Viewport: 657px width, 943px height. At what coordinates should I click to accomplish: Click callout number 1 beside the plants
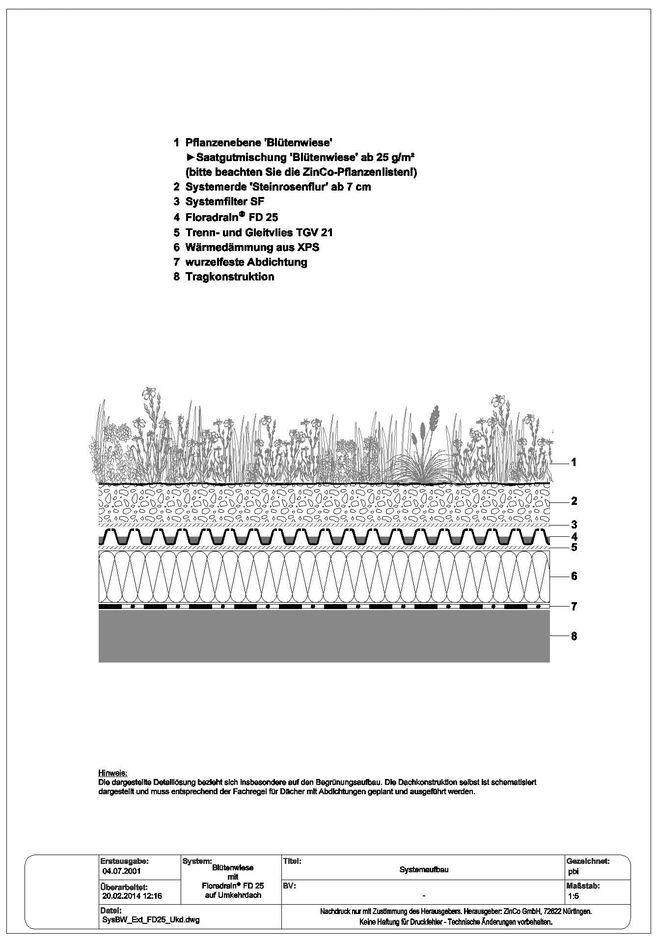pos(574,462)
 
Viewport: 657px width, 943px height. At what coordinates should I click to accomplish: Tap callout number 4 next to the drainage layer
pos(574,536)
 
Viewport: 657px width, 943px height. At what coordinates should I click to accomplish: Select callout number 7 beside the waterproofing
pos(574,607)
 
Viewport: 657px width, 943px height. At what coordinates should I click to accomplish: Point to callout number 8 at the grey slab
pos(574,636)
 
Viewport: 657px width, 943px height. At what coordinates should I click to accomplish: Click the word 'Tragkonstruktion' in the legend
pos(229,277)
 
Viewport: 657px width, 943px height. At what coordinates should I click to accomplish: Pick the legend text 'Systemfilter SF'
pos(225,201)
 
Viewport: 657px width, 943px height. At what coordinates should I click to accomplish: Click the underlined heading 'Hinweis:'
pos(112,773)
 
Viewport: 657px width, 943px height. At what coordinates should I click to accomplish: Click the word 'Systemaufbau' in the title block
pos(424,870)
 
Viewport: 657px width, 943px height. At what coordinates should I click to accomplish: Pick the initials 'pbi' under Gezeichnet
pos(573,871)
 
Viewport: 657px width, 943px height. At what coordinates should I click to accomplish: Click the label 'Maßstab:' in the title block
pos(583,886)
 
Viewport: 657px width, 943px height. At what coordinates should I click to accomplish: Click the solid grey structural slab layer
pos(324,637)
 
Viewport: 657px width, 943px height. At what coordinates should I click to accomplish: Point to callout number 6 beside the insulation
pos(574,576)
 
